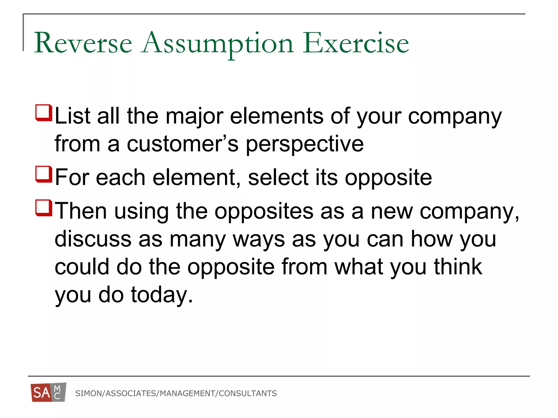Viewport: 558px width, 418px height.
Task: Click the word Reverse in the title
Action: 83,43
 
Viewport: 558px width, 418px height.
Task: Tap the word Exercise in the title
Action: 356,43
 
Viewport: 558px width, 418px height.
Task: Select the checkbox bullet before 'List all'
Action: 44,113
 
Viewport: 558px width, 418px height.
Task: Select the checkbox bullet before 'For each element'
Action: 44,174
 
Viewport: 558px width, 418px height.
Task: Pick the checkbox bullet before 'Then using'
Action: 44,208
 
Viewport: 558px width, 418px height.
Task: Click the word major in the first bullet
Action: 195,116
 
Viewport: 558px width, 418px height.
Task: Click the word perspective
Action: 305,144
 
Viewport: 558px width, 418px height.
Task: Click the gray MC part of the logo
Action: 58,392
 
